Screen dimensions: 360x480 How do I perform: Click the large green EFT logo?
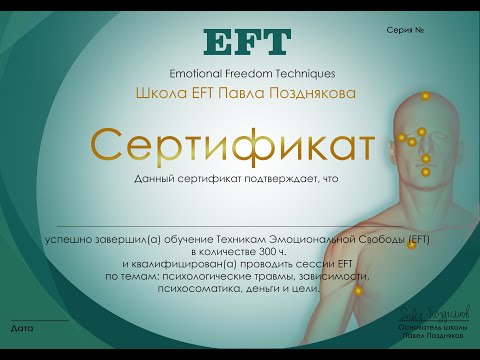[246, 43]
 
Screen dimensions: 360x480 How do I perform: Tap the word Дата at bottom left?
[21, 327]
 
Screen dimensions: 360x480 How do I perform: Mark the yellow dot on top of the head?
[424, 95]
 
